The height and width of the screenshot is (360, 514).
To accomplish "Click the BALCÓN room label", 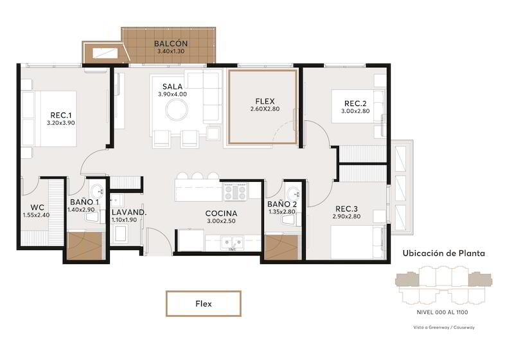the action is (171, 43).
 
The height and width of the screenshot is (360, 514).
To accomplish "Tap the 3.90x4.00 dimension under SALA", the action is (172, 94).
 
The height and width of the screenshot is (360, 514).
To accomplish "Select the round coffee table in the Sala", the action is (177, 110).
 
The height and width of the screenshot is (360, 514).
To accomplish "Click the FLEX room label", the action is (265, 102).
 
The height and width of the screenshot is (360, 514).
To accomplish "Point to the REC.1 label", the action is (61, 115).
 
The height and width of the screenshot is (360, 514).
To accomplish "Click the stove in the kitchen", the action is (235, 192).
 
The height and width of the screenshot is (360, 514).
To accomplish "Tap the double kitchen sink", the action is (232, 243).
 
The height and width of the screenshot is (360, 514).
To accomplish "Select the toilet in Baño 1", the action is (92, 217).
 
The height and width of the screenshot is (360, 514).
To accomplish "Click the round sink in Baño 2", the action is (292, 192).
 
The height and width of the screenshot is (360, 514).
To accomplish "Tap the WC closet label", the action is (37, 208).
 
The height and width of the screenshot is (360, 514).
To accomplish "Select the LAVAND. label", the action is (129, 212).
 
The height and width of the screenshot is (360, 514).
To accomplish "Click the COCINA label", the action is (221, 213).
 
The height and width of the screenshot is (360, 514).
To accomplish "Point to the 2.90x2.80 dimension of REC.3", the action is (346, 217).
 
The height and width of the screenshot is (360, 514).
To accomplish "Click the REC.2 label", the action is (355, 104).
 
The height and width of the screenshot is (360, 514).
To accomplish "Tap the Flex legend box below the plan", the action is (204, 303).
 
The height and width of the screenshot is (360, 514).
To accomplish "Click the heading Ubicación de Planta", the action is (443, 253).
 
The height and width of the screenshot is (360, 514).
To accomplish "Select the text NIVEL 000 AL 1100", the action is (442, 312).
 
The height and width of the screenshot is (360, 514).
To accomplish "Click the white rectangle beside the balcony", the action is (105, 53).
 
